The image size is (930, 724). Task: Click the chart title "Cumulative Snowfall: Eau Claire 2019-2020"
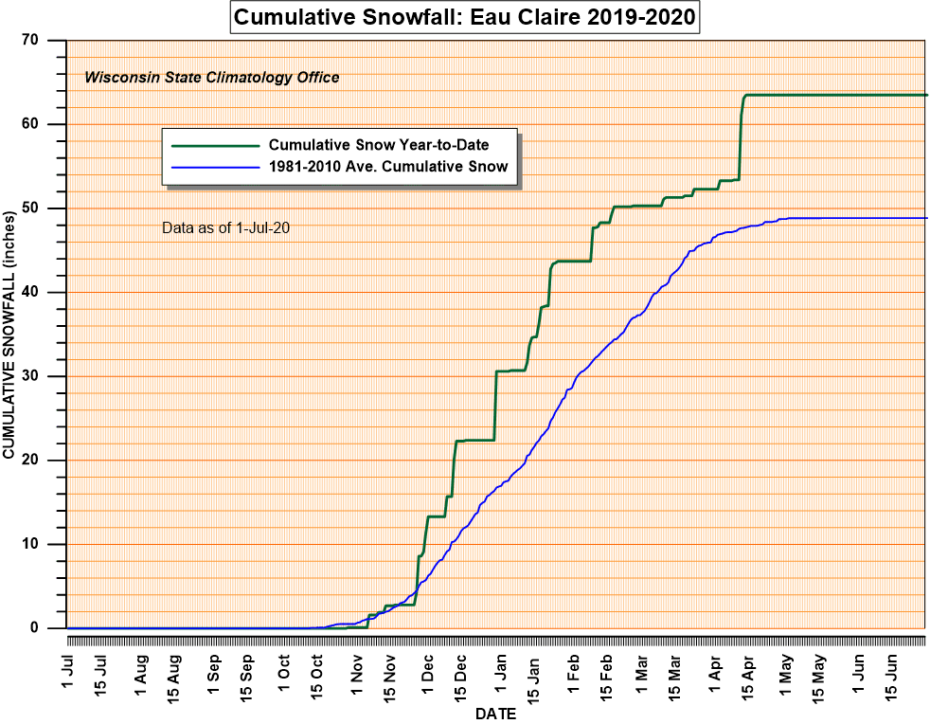pyautogui.click(x=464, y=17)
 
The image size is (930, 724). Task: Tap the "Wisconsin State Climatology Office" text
pyautogui.click(x=212, y=78)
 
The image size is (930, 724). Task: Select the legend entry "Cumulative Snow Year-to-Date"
pyautogui.click(x=391, y=145)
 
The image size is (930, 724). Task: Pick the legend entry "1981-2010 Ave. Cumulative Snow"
pyautogui.click(x=388, y=166)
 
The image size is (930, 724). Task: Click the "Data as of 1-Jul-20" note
pyautogui.click(x=225, y=227)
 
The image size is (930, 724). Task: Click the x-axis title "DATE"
pyautogui.click(x=495, y=714)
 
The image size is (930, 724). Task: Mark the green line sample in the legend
pyautogui.click(x=215, y=146)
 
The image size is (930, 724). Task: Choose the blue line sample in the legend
pyautogui.click(x=215, y=167)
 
